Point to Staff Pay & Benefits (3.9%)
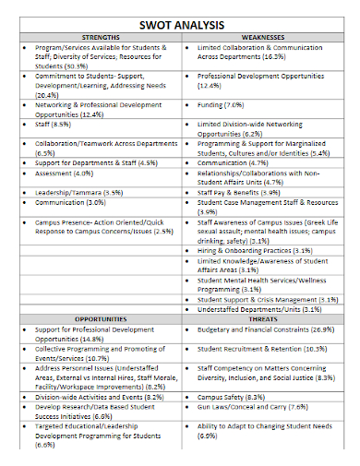click(241, 192)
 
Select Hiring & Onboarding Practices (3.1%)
click(255, 250)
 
